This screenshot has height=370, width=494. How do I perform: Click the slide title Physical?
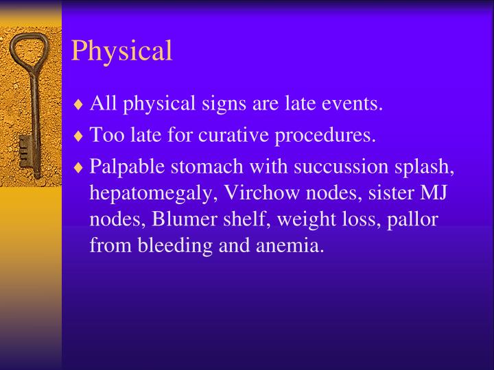point(121,51)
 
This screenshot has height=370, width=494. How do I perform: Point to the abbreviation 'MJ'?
point(432,193)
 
